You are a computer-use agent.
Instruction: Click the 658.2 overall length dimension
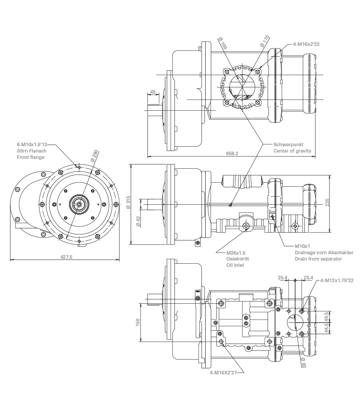pyautogui.click(x=231, y=153)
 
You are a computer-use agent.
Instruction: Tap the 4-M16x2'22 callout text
pyautogui.click(x=306, y=45)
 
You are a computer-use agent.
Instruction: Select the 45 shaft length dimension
pyautogui.click(x=153, y=92)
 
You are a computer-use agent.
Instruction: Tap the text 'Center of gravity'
pyautogui.click(x=292, y=151)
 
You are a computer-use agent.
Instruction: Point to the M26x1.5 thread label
pyautogui.click(x=236, y=253)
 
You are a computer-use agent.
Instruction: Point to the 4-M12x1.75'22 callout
pyautogui.click(x=337, y=280)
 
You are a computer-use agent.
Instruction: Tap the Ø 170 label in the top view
pyautogui.click(x=265, y=40)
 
